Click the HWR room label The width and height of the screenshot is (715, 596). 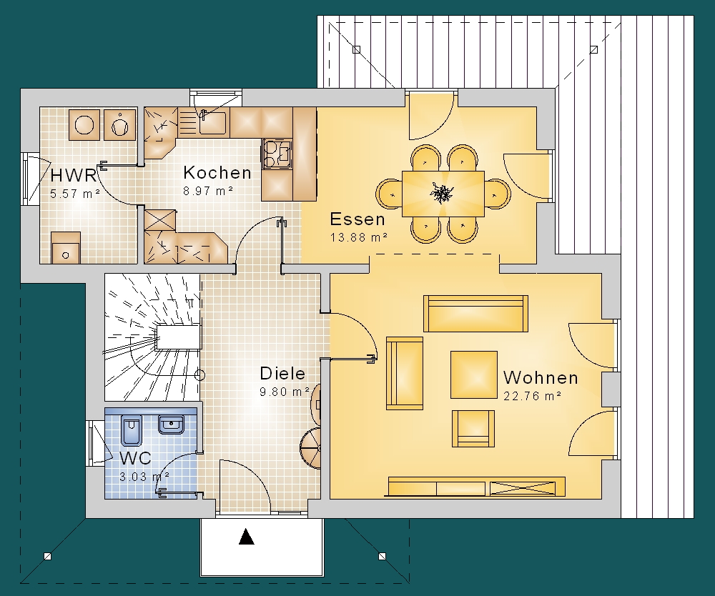click(74, 175)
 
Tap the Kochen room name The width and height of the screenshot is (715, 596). click(217, 173)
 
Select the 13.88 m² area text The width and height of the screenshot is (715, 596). click(359, 237)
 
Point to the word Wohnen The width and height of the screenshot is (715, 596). click(541, 378)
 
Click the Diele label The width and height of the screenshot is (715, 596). click(282, 374)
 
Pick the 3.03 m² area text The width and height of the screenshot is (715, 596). click(144, 477)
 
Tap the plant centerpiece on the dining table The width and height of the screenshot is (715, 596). click(441, 193)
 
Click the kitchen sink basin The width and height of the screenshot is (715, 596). click(212, 121)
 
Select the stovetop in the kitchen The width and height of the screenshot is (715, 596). click(276, 154)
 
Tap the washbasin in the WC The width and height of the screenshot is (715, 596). click(171, 424)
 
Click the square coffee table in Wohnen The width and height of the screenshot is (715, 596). click(474, 374)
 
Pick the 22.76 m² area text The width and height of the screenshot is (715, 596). click(532, 396)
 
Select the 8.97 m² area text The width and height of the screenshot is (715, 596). click(208, 191)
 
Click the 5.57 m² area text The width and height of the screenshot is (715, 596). click(75, 194)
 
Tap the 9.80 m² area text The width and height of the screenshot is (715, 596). click(285, 392)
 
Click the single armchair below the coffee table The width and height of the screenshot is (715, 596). click(473, 428)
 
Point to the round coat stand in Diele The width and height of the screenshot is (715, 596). click(310, 448)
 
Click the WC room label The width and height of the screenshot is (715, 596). click(135, 458)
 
